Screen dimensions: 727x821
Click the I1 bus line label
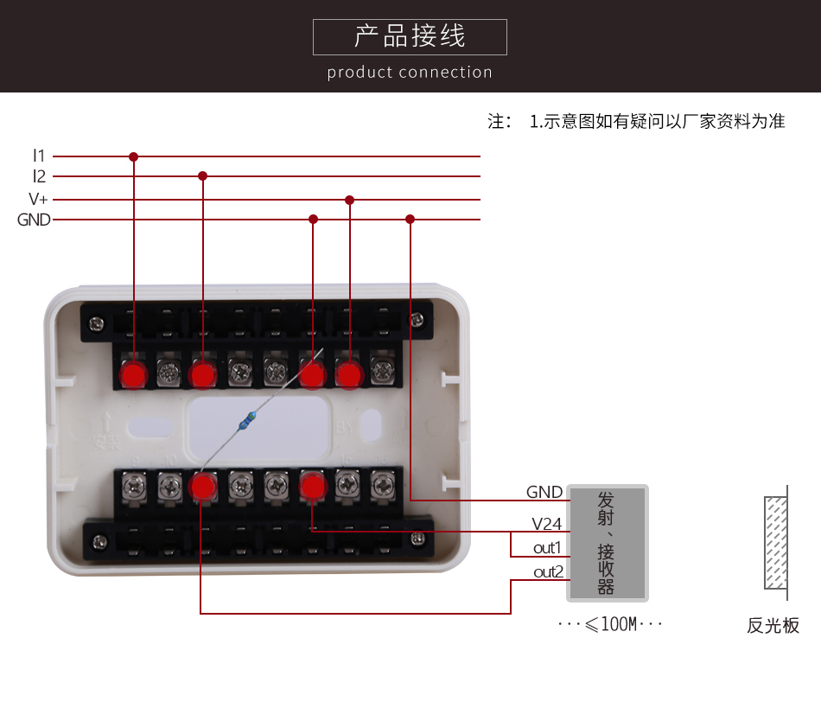pos(38,156)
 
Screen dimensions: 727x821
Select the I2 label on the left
pos(38,176)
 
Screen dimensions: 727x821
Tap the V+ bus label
pos(36,200)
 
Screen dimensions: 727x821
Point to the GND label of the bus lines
pos(34,220)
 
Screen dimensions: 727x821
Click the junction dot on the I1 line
pos(133,156)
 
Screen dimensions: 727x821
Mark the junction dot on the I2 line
pos(203,175)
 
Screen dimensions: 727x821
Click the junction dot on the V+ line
pos(349,200)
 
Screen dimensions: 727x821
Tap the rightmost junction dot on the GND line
pos(410,220)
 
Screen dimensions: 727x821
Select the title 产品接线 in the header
pos(410,36)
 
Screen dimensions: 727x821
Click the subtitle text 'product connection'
pos(410,73)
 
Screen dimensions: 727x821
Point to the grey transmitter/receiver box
pos(607,543)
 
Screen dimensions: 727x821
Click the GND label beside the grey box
pos(544,492)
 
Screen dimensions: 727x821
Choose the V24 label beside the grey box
pos(546,524)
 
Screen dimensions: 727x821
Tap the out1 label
pos(547,548)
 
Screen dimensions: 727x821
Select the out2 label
pos(548,572)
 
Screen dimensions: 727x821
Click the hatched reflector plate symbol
pos(775,542)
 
